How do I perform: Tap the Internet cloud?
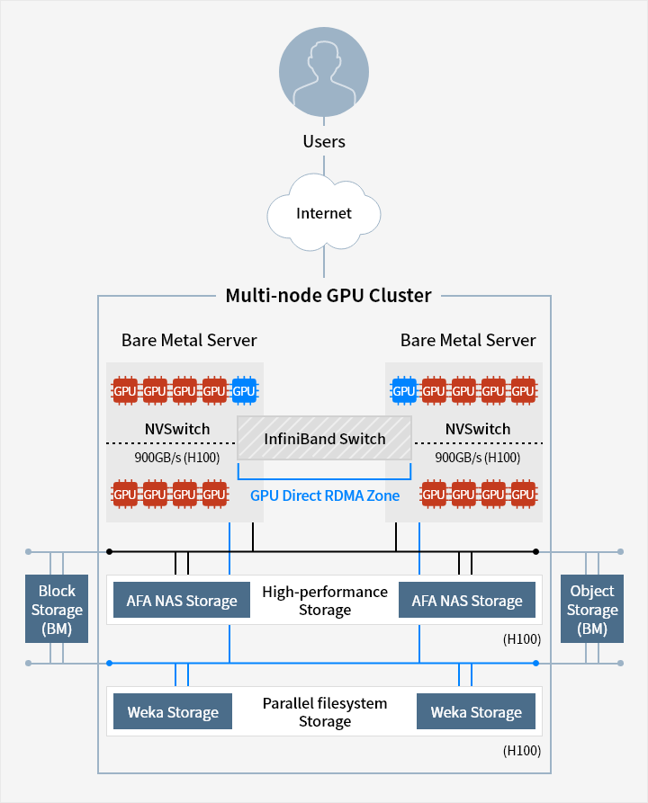click(324, 213)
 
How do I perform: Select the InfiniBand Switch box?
click(324, 439)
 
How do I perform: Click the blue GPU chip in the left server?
click(243, 390)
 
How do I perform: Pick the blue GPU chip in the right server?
click(404, 390)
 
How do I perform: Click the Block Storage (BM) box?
click(57, 609)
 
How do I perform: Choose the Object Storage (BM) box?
click(591, 609)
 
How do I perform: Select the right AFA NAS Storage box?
click(466, 601)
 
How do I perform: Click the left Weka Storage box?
click(173, 712)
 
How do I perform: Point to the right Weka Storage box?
click(476, 712)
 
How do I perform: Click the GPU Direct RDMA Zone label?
click(324, 495)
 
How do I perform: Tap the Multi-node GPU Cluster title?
click(328, 295)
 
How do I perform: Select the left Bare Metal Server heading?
click(189, 340)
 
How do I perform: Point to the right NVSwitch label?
click(477, 429)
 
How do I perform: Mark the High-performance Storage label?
click(324, 601)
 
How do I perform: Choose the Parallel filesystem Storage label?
click(324, 712)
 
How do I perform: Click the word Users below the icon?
click(324, 141)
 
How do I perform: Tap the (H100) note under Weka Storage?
click(522, 750)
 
